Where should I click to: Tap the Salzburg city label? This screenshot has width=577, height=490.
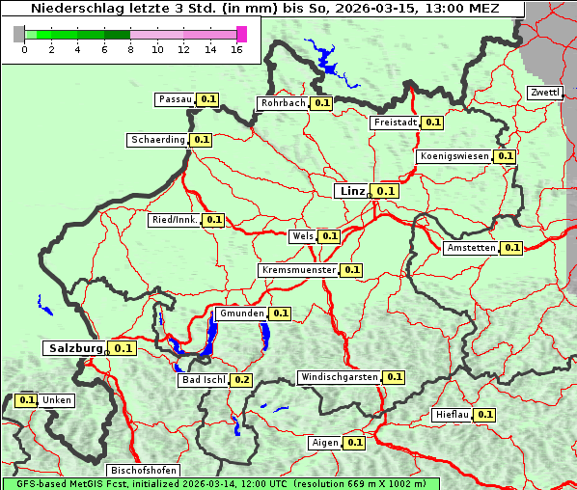(x=74, y=348)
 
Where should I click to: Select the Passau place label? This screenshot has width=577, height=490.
(x=176, y=99)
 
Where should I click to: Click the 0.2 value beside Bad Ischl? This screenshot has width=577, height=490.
(x=241, y=380)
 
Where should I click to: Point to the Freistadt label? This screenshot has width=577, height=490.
(x=396, y=122)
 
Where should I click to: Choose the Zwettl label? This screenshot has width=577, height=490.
(x=544, y=93)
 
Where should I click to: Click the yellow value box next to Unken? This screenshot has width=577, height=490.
(x=27, y=400)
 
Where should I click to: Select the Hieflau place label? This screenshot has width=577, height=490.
(x=452, y=415)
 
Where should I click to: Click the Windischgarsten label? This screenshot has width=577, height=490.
(x=339, y=377)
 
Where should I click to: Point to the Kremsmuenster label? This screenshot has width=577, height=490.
(x=298, y=270)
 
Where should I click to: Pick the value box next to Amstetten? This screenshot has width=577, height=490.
(x=511, y=248)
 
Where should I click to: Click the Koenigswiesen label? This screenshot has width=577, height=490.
(x=454, y=156)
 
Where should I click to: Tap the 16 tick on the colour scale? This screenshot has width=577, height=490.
(x=236, y=49)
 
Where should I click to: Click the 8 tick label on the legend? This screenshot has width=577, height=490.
(x=130, y=49)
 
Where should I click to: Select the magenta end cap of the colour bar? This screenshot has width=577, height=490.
(x=241, y=34)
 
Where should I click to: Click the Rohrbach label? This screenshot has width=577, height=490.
(x=283, y=103)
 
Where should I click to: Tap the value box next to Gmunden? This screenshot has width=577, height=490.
(x=280, y=313)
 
